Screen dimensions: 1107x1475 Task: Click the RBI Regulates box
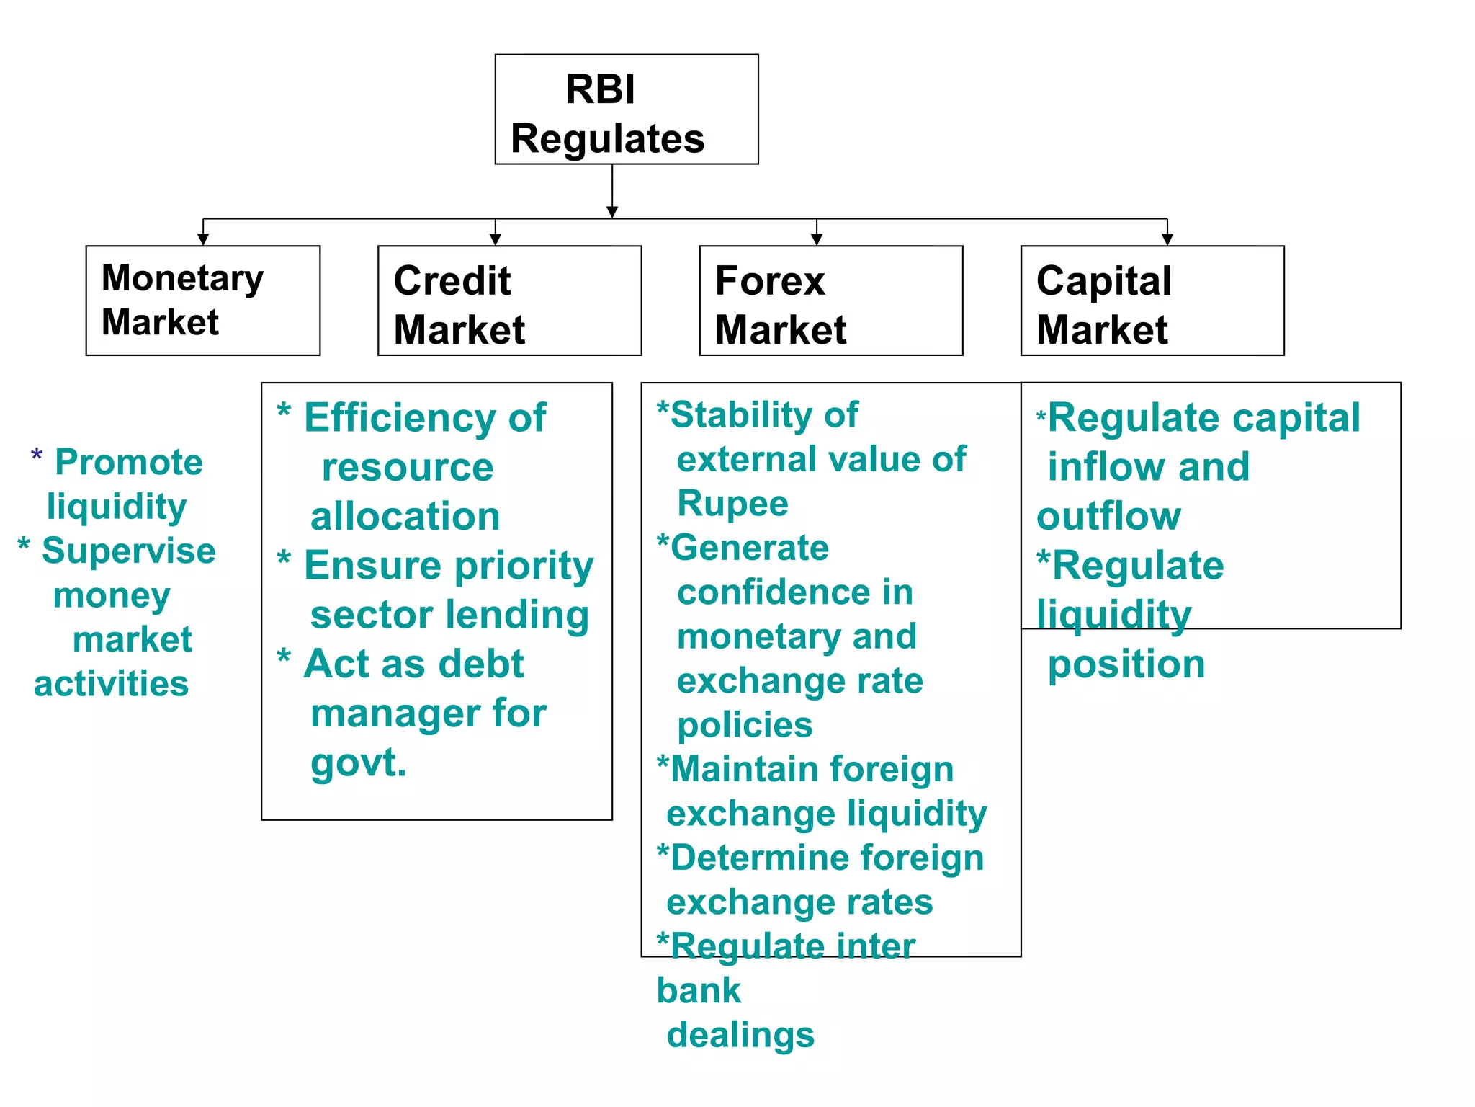coord(626,110)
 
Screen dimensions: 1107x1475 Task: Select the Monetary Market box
coord(202,301)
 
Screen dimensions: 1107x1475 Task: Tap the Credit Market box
coord(509,301)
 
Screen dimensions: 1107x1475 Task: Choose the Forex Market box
coord(830,301)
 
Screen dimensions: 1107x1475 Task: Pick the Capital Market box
coord(1152,301)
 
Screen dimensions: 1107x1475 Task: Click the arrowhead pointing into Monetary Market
coord(203,239)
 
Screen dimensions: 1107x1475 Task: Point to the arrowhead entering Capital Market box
coord(1167,239)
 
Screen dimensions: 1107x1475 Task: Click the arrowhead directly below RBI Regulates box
coord(612,212)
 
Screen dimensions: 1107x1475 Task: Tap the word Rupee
coord(732,504)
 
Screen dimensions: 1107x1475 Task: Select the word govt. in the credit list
coord(358,763)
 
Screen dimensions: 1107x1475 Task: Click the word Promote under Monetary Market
coord(129,463)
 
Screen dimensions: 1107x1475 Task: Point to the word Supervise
coord(129,551)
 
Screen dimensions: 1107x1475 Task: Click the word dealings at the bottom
coord(740,1035)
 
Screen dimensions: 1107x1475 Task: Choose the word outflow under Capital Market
coord(1108,517)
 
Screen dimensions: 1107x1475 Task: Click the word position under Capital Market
coord(1126,664)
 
